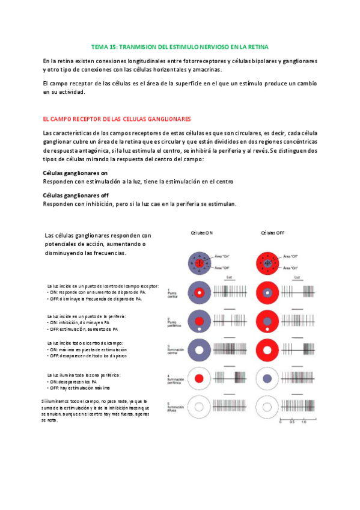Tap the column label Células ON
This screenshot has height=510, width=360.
(x=201, y=232)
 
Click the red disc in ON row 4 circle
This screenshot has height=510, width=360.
(x=198, y=379)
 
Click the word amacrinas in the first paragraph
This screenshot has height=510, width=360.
(x=207, y=70)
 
